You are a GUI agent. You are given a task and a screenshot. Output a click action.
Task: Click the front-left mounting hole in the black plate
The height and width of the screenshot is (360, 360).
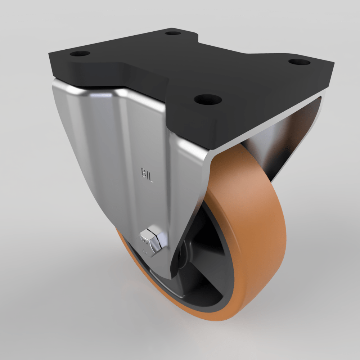(x=80, y=54)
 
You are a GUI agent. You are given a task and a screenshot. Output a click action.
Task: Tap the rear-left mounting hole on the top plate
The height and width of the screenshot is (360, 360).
(x=173, y=33)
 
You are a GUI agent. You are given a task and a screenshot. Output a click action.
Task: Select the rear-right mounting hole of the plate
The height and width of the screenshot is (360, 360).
(x=299, y=62)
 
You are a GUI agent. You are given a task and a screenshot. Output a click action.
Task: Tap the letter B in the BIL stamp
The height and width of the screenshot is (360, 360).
(x=143, y=173)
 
